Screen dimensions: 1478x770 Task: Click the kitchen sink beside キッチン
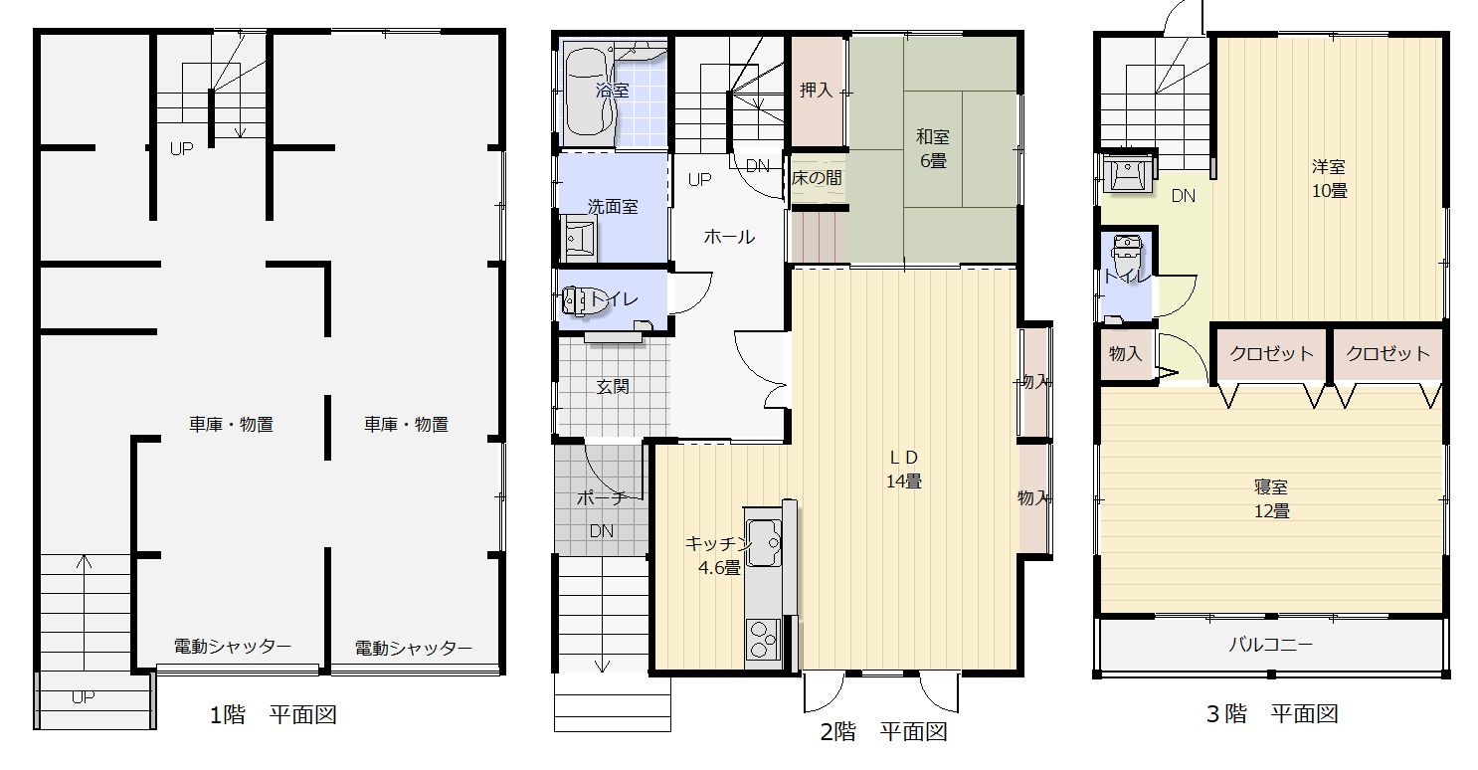(x=764, y=542)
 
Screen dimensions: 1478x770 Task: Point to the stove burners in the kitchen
(x=764, y=639)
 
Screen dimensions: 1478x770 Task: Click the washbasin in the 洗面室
(x=581, y=238)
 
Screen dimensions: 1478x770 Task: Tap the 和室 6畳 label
(x=933, y=148)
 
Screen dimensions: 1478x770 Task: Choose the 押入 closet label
(x=817, y=90)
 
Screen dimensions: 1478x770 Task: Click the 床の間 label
(x=817, y=177)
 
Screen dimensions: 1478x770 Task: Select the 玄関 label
(x=613, y=387)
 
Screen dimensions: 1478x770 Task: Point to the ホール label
(x=729, y=236)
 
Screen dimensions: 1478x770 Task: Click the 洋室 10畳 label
(x=1329, y=179)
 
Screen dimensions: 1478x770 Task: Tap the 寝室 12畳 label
(x=1271, y=498)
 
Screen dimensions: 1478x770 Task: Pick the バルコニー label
(x=1271, y=644)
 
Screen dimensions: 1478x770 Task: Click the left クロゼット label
(x=1271, y=353)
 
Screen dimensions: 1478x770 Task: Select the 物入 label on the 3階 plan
(x=1125, y=354)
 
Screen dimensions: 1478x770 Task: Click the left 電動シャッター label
(x=233, y=646)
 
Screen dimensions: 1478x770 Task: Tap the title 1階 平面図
(x=274, y=714)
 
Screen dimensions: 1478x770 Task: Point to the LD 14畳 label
(x=904, y=470)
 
